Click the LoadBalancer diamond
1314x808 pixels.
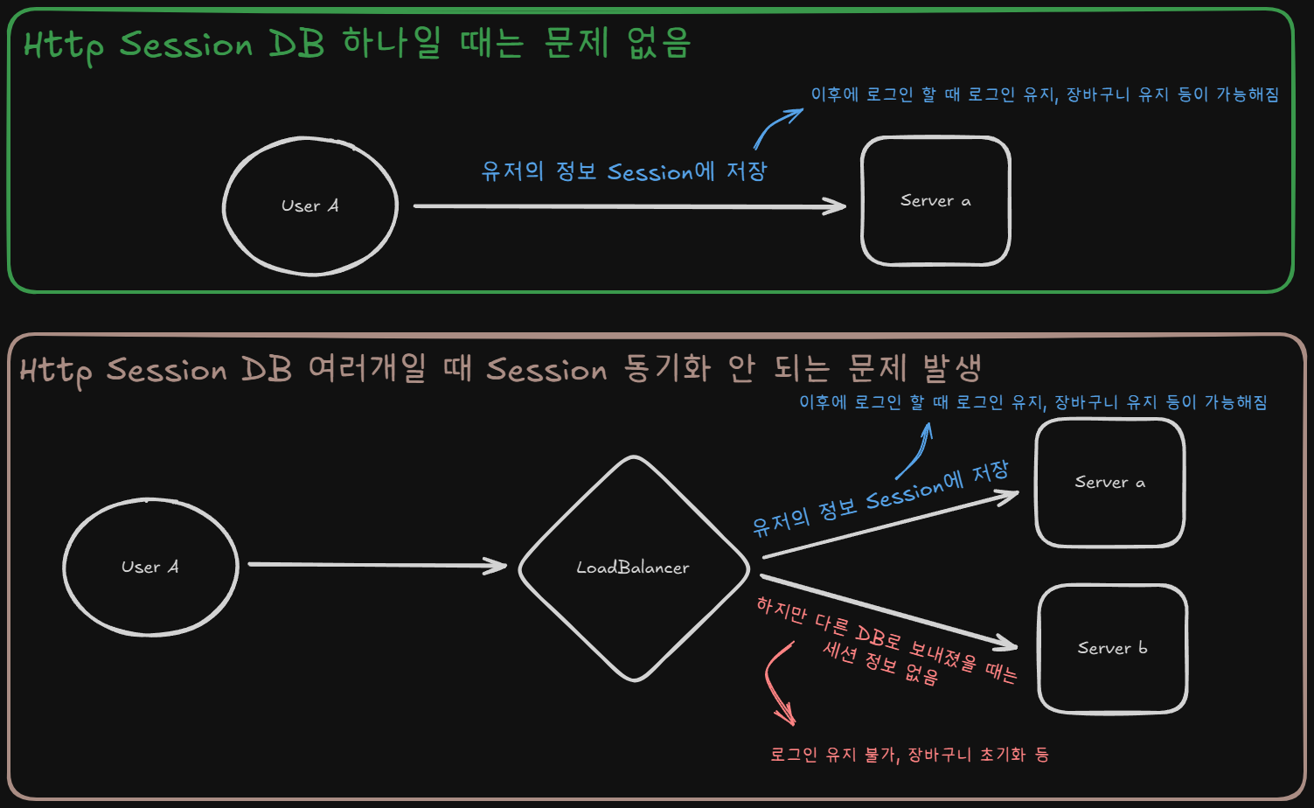pos(634,568)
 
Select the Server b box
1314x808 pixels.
pos(1112,649)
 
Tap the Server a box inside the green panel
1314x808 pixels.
pos(935,201)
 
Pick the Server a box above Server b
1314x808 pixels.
pos(1109,483)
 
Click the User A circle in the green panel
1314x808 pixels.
pos(310,206)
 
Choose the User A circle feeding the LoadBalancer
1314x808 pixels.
pos(150,568)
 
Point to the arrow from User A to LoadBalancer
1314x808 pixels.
pos(376,565)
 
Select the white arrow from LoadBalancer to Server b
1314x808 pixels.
pos(887,612)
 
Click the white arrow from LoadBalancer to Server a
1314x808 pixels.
pos(887,525)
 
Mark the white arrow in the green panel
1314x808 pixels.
pos(629,206)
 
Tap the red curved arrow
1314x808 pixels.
pos(773,682)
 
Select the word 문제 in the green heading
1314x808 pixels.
pos(575,41)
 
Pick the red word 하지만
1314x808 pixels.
pos(781,611)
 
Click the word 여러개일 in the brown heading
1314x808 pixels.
pos(367,368)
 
